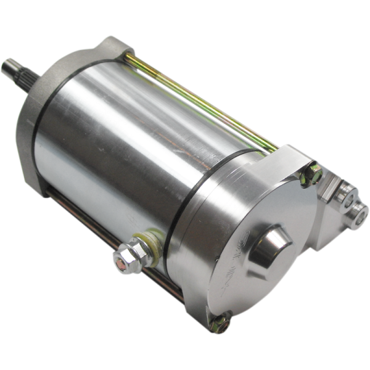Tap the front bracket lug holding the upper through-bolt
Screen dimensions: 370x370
[114, 48]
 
